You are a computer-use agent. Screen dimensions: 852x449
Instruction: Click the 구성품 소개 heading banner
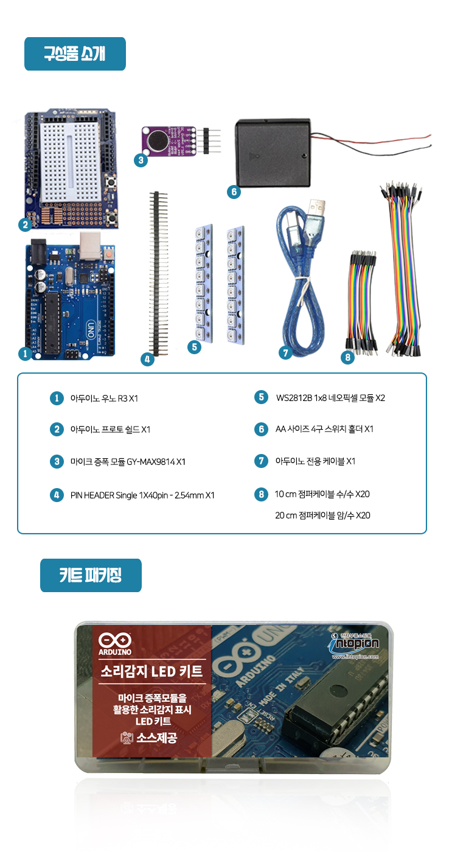(x=75, y=54)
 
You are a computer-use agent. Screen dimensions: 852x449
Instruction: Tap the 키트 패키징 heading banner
(x=91, y=575)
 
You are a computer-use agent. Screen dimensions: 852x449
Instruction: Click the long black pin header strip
(x=159, y=274)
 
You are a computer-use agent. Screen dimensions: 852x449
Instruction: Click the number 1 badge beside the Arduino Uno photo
(x=25, y=353)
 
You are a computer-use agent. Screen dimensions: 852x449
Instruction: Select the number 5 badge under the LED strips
(x=193, y=347)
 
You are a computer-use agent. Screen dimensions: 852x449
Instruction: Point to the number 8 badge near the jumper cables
(x=347, y=357)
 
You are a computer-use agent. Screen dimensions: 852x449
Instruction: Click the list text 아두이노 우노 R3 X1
(x=105, y=399)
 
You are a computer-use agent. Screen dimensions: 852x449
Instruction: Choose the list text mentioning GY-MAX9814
(x=128, y=462)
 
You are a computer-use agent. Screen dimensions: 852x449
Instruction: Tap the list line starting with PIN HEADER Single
(x=142, y=495)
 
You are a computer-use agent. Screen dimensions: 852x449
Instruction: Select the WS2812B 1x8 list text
(x=330, y=398)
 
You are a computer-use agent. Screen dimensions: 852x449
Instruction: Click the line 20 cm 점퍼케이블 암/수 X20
(x=322, y=515)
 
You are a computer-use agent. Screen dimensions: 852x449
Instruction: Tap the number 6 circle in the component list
(x=261, y=429)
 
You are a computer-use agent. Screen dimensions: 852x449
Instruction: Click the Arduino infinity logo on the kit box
(x=114, y=640)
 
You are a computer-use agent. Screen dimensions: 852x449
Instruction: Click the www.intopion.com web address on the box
(x=355, y=657)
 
